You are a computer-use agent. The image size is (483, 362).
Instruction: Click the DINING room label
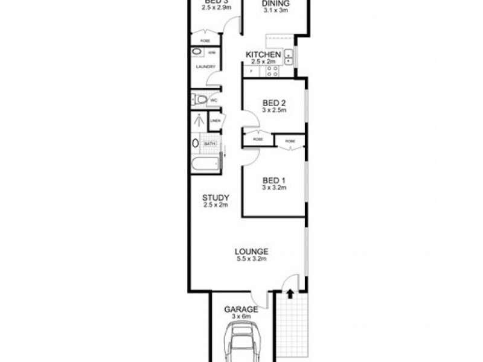pos(275,4)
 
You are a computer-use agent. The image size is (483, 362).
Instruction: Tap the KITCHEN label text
pos(263,55)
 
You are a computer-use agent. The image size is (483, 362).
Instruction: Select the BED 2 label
pos(273,103)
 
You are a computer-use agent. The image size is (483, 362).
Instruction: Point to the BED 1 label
pos(273,180)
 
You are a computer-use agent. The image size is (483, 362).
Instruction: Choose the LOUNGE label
pos(252,252)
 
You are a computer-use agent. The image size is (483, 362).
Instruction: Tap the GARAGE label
pos(241,310)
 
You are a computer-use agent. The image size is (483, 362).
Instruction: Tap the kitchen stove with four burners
pos(272,71)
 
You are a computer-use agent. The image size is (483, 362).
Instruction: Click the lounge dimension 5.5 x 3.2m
pos(252,259)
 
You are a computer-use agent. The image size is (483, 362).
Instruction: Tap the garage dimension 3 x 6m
pos(241,317)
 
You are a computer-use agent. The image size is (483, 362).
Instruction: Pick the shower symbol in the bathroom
pos(198,119)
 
